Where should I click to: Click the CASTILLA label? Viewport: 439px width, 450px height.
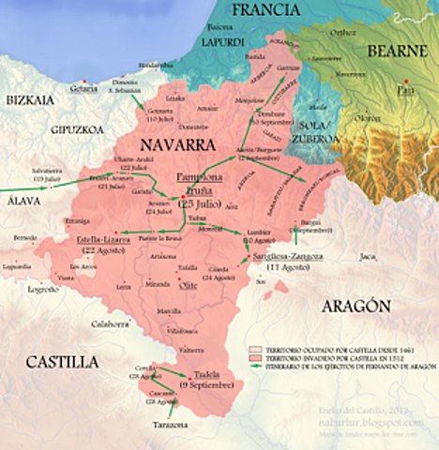(x=61, y=361)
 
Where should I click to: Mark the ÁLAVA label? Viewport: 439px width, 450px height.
(x=19, y=198)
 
